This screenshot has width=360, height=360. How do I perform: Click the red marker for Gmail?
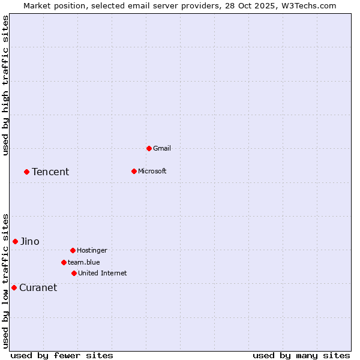pos(149,148)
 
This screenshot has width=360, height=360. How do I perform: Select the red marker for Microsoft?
pos(134,171)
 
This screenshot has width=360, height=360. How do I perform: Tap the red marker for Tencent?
pos(26,172)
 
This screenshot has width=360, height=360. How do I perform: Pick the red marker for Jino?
pos(15,241)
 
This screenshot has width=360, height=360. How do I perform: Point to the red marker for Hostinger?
pos(73,250)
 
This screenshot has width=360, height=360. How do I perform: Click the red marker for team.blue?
pos(64,262)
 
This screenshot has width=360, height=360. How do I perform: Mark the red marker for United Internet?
pos(74,273)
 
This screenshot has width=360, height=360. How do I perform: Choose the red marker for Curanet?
pos(14,287)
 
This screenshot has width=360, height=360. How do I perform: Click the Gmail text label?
pos(162,148)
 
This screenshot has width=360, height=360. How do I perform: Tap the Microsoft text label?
pos(152,171)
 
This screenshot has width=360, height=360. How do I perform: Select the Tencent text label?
pos(50,172)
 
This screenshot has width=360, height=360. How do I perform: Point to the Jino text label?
pos(30,242)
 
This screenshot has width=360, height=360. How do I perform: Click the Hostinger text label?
pos(92,250)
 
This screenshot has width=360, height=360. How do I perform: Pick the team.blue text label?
pos(84,262)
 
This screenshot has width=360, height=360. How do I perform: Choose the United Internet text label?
pos(103,273)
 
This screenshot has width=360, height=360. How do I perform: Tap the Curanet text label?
pos(38,288)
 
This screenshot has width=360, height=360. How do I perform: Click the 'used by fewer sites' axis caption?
pos(62,355)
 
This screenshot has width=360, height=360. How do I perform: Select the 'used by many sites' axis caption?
pos(301,355)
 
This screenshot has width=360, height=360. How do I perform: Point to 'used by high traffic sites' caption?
pos(6,85)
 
